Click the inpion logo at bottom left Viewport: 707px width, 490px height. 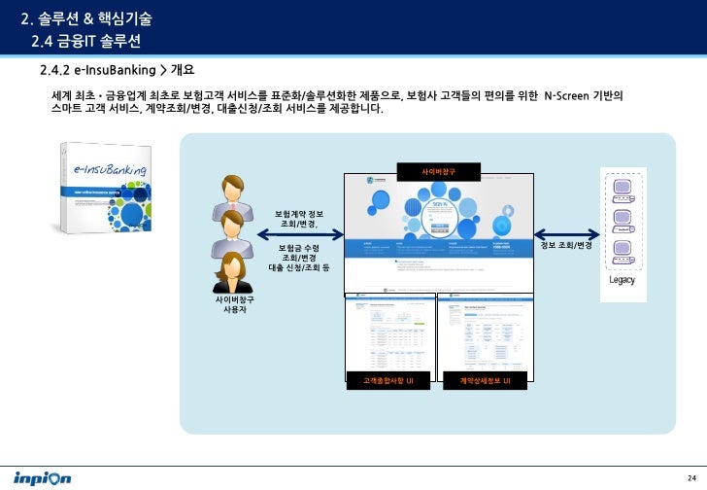click(42, 478)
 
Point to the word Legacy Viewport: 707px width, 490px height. click(623, 281)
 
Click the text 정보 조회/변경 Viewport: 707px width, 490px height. click(567, 245)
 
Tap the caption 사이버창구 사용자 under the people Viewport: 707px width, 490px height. click(234, 305)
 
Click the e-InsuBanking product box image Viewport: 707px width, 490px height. click(105, 190)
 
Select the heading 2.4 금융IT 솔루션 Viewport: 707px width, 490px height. click(86, 41)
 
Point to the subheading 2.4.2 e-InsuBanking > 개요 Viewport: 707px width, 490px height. click(118, 71)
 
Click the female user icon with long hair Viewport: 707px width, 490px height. click(233, 272)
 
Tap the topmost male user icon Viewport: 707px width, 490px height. click(234, 192)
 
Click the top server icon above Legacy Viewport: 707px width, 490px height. click(622, 185)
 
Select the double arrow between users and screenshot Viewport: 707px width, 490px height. click(300, 233)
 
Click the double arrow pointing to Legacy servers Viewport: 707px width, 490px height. click(568, 233)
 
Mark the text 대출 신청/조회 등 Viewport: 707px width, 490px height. click(299, 267)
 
